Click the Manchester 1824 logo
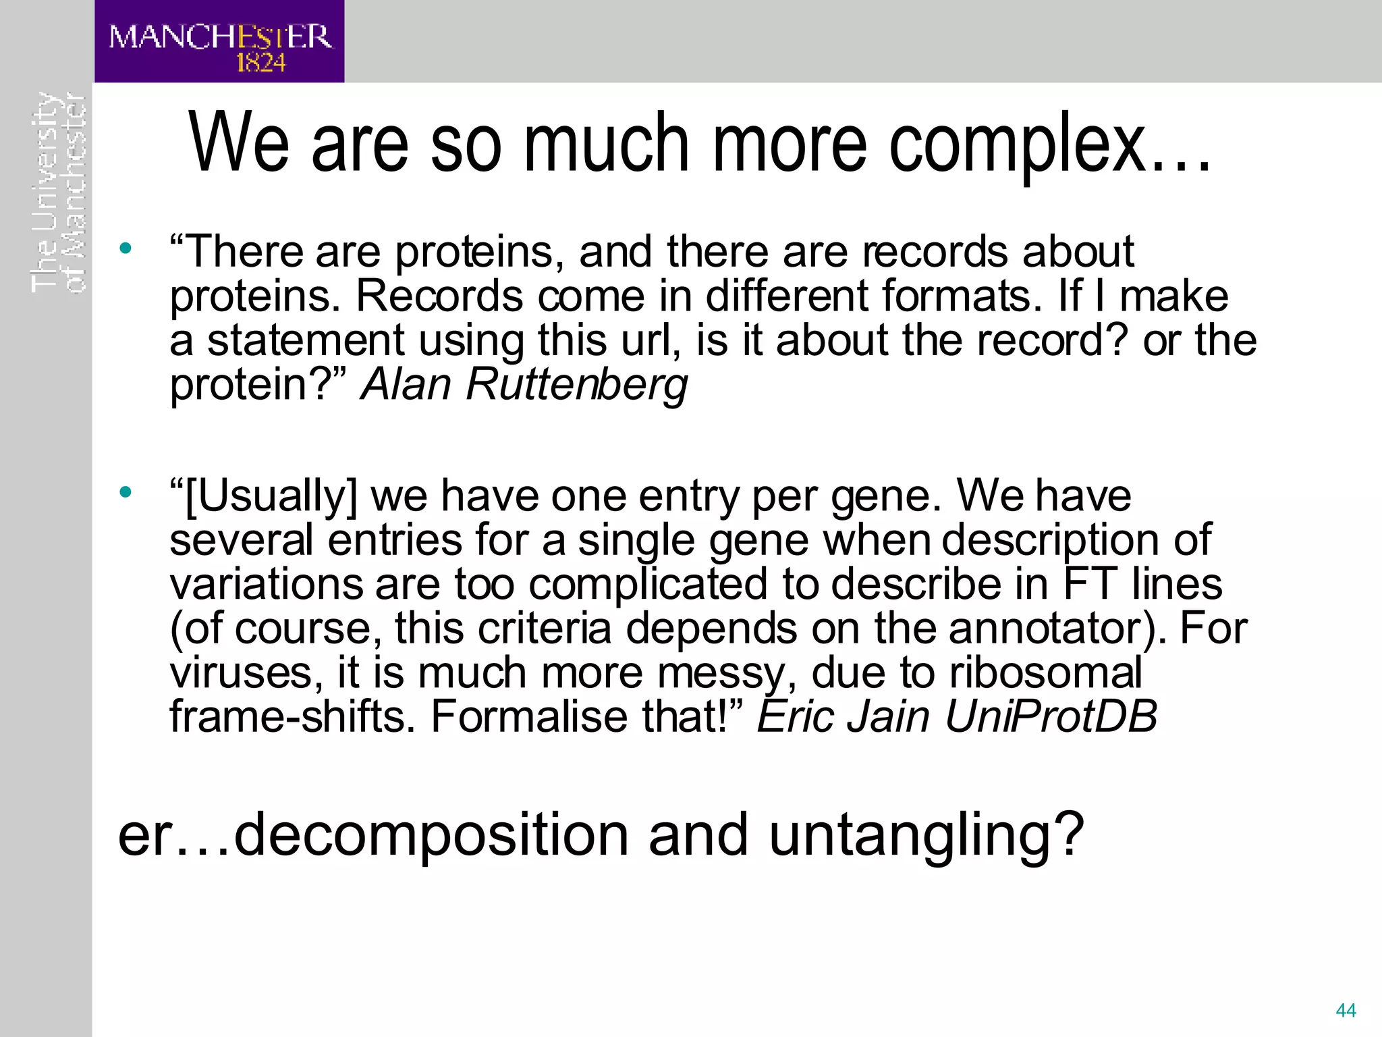click(x=219, y=41)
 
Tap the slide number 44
click(x=1346, y=1011)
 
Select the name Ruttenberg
click(x=576, y=384)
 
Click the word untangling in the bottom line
click(x=925, y=835)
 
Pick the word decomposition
click(x=432, y=835)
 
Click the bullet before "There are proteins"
click(x=125, y=248)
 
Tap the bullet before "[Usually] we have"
click(x=125, y=492)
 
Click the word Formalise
click(x=529, y=716)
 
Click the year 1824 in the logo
click(x=261, y=63)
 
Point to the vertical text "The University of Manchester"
click(x=59, y=192)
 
